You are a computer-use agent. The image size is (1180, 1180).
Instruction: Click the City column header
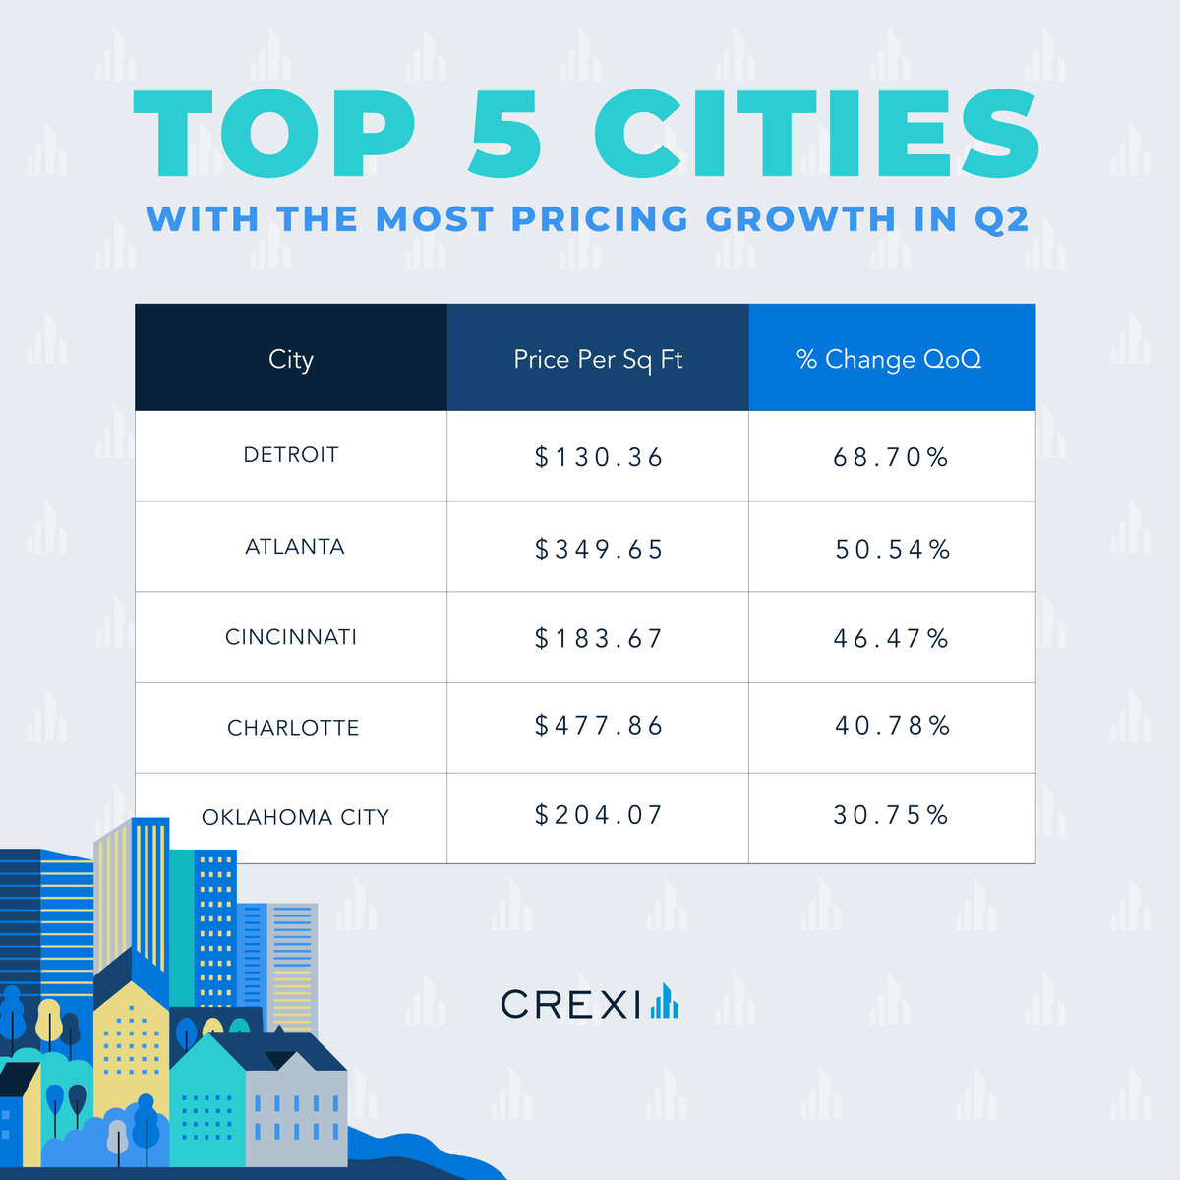(x=291, y=359)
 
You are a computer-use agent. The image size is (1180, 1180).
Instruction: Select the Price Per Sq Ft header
(x=598, y=359)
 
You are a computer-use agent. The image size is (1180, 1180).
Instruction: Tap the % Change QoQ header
(x=890, y=359)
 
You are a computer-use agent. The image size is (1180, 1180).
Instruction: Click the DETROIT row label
(x=291, y=455)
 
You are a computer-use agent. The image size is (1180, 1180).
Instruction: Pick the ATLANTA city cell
(x=294, y=547)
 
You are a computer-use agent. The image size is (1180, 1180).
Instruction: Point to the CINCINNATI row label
(x=291, y=637)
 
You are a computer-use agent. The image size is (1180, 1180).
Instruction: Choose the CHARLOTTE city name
(x=293, y=728)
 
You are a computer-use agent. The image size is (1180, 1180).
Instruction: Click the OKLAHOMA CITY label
(x=295, y=817)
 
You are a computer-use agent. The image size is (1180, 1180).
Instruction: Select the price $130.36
(x=598, y=457)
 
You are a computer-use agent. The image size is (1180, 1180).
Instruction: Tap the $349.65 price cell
(x=598, y=549)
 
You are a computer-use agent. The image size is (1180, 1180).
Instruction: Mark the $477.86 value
(x=598, y=726)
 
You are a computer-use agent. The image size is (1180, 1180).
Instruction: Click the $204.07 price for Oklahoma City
(x=598, y=815)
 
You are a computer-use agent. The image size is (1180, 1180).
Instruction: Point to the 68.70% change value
(x=891, y=457)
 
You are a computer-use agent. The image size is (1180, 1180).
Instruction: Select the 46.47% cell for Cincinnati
(x=891, y=639)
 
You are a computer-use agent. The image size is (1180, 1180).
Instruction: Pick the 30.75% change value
(x=891, y=815)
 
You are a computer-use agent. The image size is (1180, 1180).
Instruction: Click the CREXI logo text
(x=570, y=1004)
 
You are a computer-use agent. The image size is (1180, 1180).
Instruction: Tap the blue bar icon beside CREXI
(x=664, y=1001)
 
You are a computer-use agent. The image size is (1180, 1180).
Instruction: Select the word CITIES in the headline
(x=816, y=135)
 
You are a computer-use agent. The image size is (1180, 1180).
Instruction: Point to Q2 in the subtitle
(x=1001, y=219)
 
